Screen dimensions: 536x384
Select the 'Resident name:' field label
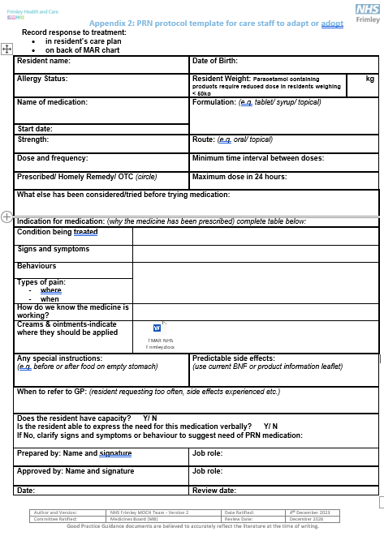(44, 61)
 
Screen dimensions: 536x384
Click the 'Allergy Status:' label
(42, 79)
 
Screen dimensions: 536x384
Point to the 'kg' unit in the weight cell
(369, 79)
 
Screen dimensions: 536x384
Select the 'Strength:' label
(33, 139)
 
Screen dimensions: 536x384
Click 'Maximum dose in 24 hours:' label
(239, 177)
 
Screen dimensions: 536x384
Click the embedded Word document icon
(157, 328)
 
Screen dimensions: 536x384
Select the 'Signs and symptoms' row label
(54, 249)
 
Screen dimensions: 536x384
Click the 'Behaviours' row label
(37, 266)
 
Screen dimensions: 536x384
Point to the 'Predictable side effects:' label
(233, 358)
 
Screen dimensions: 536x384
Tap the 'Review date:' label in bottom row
(214, 491)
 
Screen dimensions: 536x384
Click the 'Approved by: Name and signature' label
(76, 471)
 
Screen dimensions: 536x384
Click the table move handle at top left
(6, 49)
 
